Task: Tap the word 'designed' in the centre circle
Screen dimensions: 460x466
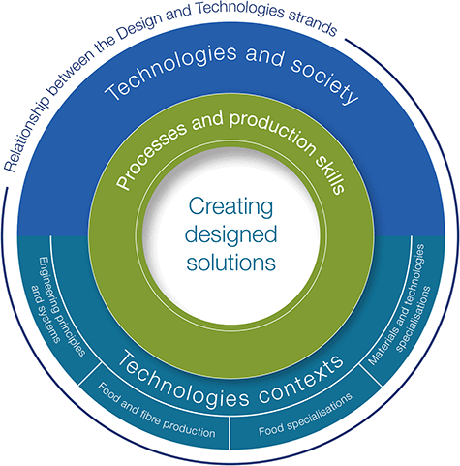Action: coord(230,234)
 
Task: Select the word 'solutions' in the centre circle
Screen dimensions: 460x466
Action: coord(231,263)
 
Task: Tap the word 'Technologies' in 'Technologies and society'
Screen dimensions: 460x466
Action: coord(170,70)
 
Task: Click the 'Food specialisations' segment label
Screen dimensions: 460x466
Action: coord(305,415)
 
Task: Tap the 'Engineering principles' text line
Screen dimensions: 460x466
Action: coord(62,307)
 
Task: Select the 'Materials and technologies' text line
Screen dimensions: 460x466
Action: coord(396,304)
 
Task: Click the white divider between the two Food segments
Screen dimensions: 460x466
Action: coord(230,433)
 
